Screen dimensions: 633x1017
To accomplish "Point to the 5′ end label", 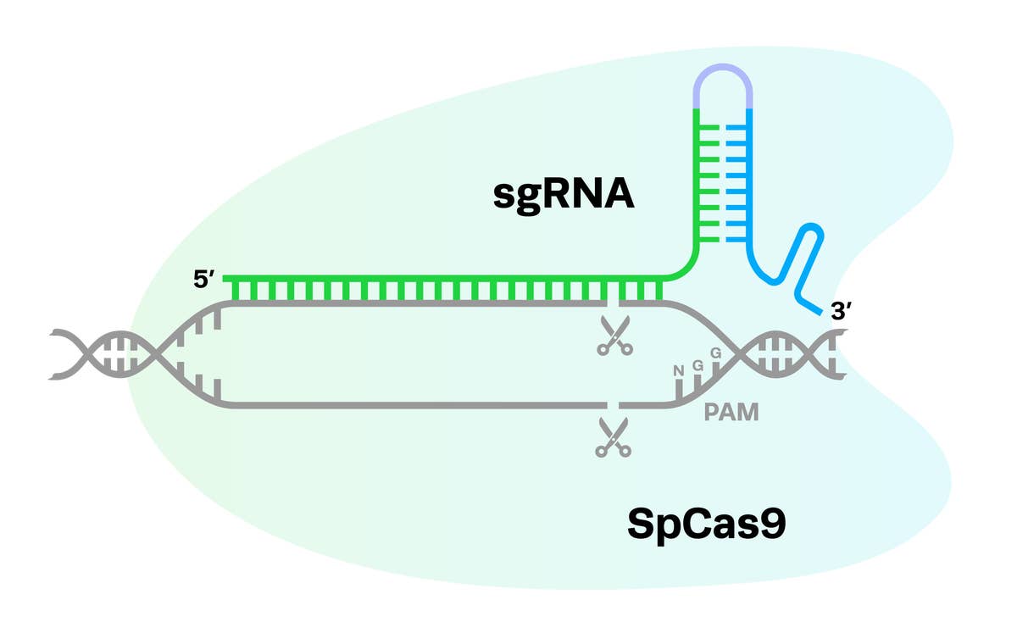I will (207, 279).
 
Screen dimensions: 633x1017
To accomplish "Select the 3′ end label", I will (842, 312).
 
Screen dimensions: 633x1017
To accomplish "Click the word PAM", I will (731, 414).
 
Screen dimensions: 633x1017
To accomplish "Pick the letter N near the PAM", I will (678, 369).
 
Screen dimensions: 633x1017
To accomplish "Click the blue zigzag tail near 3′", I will (801, 263).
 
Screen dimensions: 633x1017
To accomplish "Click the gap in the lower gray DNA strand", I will (614, 406).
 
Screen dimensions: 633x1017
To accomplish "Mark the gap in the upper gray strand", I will (614, 303).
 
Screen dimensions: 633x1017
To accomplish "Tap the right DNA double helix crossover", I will (742, 353).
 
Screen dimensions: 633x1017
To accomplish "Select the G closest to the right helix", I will (715, 351).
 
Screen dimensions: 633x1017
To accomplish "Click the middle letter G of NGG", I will (698, 363).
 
